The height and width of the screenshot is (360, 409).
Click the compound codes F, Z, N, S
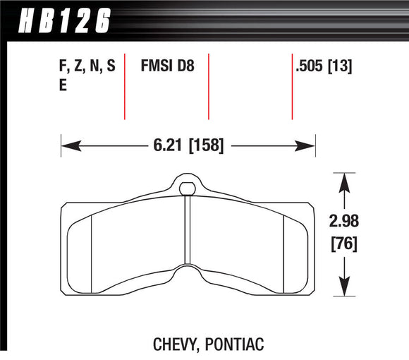pos(86,68)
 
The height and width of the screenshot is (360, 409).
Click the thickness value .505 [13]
pos(325,68)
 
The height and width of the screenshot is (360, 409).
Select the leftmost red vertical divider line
pos(125,85)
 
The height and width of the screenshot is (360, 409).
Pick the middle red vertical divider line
pos(209,85)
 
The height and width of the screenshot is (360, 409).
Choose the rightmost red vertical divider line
pos(293,85)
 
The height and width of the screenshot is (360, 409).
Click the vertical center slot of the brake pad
pos(187,233)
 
